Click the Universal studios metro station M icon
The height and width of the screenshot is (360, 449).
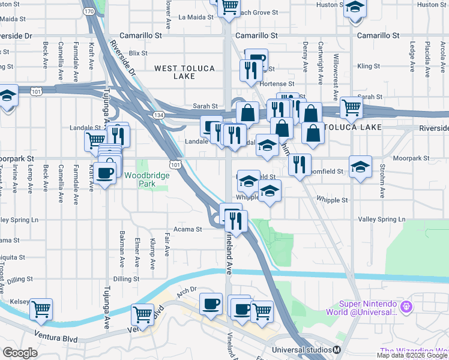[x=337, y=350]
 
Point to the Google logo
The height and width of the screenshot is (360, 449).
[x=20, y=353]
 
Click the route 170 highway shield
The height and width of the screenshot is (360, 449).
[x=89, y=11]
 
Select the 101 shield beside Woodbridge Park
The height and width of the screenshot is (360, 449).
[x=175, y=164]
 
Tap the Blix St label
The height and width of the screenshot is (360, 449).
[x=137, y=53]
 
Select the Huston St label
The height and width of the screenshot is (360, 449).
[x=327, y=5]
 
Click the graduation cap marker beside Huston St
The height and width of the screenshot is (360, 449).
[x=355, y=8]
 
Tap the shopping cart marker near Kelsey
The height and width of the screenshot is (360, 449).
[x=41, y=309]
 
